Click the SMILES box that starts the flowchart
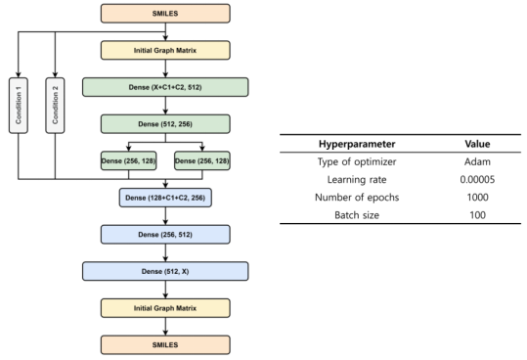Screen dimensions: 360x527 pyautogui.click(x=165, y=14)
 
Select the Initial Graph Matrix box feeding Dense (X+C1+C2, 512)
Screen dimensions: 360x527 pyautogui.click(x=165, y=48)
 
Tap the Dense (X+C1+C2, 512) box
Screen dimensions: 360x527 pyautogui.click(x=165, y=86)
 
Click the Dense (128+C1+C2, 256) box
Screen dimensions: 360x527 pyautogui.click(x=165, y=200)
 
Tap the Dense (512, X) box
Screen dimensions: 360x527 pyautogui.click(x=165, y=272)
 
